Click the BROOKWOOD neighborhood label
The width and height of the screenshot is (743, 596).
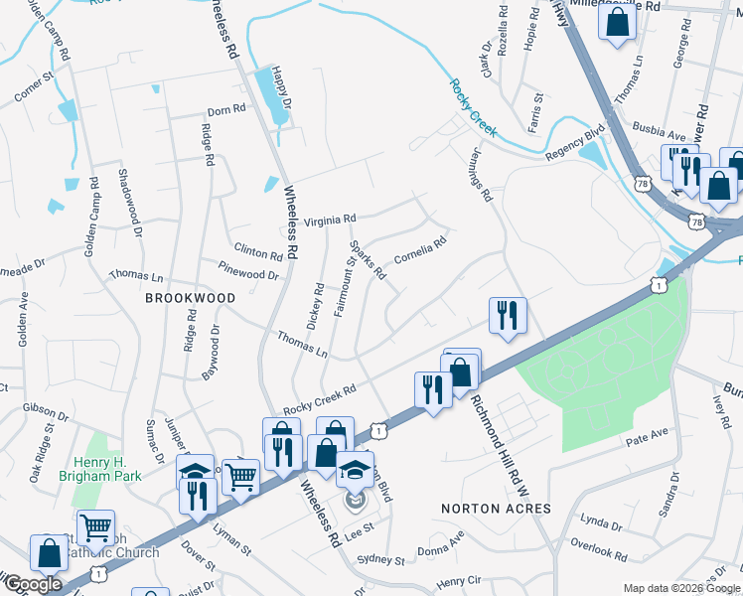[x=191, y=298]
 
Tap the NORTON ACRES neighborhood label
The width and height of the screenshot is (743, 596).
[x=496, y=509]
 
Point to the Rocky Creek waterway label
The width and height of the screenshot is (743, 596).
[x=473, y=108]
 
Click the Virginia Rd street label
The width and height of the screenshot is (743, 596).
[x=330, y=221]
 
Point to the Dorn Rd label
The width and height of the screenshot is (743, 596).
[x=225, y=112]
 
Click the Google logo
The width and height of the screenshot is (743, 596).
[x=33, y=583]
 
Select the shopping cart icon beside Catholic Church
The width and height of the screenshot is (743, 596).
[x=95, y=526]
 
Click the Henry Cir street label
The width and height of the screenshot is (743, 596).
[x=458, y=579]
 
